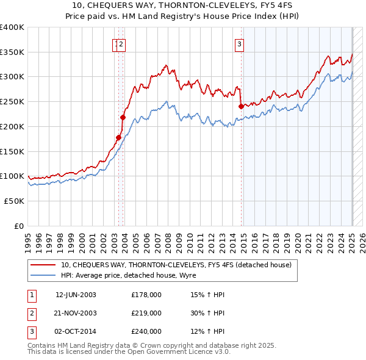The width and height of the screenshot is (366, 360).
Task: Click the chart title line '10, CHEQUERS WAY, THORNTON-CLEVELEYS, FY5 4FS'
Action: [x=183, y=6]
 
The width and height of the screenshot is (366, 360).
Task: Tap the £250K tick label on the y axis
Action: [x=12, y=101]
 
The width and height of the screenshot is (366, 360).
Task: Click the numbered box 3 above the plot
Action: [x=240, y=44]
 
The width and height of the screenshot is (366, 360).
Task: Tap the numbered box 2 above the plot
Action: [x=122, y=44]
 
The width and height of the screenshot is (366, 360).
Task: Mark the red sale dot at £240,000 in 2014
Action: [x=241, y=106]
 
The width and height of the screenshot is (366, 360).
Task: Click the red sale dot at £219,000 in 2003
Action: [x=123, y=117]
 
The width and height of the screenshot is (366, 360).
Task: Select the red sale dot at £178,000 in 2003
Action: [x=118, y=137]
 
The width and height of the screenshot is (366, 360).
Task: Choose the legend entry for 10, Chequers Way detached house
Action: [x=177, y=265]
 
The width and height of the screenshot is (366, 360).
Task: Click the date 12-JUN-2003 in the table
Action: [x=76, y=295]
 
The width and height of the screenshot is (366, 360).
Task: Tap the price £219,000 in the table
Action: [x=146, y=313]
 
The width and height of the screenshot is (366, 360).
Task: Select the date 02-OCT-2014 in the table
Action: [x=76, y=331]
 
